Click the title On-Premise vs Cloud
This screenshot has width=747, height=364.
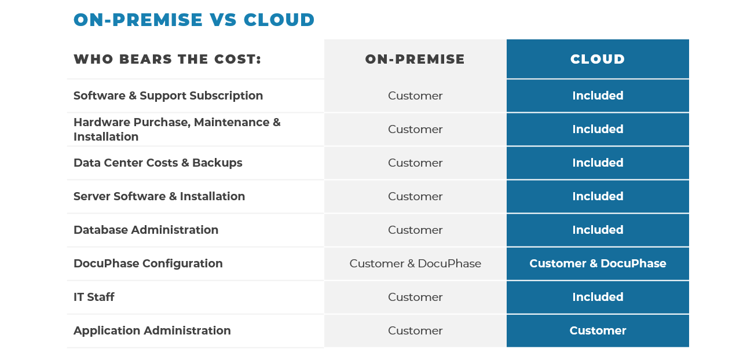pos(194,20)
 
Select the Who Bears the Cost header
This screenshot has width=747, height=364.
pos(167,59)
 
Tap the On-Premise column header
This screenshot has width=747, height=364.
pos(415,59)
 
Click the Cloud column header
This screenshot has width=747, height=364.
pos(598,59)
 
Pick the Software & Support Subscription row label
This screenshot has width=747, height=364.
pos(168,95)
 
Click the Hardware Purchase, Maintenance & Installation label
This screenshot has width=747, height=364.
pos(177,129)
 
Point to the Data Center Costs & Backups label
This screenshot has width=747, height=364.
pos(158,163)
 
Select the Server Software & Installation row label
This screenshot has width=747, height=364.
pos(159,196)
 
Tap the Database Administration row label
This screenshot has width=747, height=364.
pos(145,230)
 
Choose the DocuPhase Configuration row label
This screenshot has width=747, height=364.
pos(148,263)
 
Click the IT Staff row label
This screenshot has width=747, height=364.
pos(94,297)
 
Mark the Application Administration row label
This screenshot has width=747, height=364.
pos(152,330)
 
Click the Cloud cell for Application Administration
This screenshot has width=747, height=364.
pos(598,330)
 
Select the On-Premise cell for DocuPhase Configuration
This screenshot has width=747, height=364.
pos(415,263)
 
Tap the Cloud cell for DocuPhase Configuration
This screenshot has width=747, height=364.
pos(598,263)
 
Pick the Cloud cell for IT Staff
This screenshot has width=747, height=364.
pos(598,297)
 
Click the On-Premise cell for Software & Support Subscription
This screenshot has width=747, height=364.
pos(415,95)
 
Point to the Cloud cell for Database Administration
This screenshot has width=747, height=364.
pos(598,230)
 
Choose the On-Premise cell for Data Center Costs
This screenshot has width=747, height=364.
pos(415,163)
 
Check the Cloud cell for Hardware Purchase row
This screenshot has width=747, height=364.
pos(598,129)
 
